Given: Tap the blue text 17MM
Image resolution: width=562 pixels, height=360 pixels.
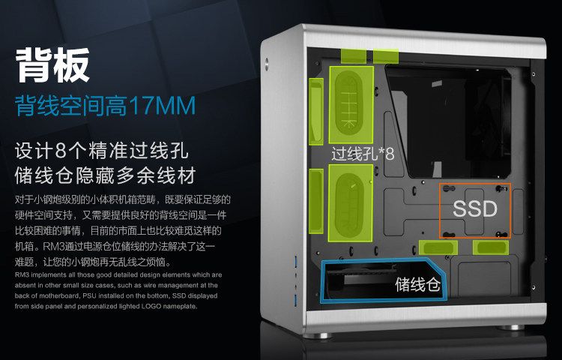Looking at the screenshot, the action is click(x=161, y=105).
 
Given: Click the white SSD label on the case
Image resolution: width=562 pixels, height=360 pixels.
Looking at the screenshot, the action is click(x=475, y=208).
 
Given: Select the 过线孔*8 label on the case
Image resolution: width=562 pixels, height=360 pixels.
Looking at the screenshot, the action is click(x=363, y=154).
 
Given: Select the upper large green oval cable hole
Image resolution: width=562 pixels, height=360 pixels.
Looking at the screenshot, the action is click(x=351, y=105).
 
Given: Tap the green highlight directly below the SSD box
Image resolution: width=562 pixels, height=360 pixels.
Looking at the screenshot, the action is click(x=491, y=247).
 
